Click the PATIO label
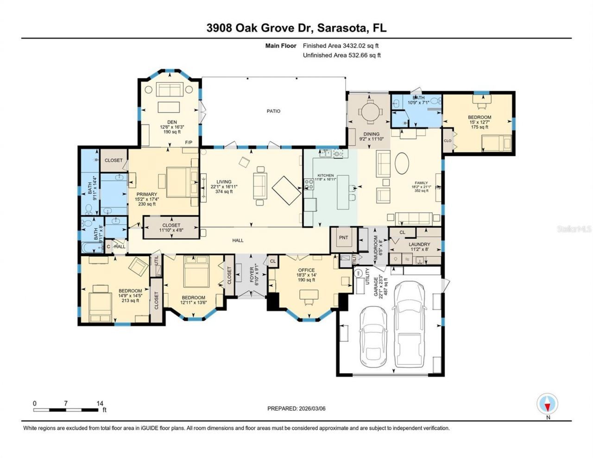pos(273,111)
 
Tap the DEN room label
pos(165,122)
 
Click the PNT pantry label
pos(343,238)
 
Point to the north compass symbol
pos(548,404)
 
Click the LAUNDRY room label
pos(419,244)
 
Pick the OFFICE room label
pos(306,270)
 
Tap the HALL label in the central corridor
pos(238,240)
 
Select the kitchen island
pos(343,192)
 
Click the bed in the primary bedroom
pos(177,182)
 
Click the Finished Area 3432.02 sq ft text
pos(341,46)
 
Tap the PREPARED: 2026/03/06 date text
pos(299,408)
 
